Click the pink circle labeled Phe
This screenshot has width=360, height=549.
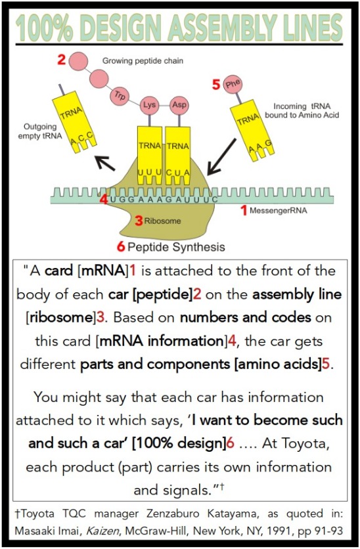(233, 84)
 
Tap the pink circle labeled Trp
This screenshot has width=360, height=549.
(120, 95)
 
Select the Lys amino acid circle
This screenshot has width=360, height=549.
(150, 104)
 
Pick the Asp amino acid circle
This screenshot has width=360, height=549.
(179, 104)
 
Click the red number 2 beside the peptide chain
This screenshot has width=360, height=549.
(62, 60)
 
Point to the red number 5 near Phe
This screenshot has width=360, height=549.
(216, 84)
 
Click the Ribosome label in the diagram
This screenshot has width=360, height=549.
(162, 221)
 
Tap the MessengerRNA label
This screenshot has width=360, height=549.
(279, 210)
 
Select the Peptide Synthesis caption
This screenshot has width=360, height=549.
(176, 247)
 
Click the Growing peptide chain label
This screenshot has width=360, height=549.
(143, 61)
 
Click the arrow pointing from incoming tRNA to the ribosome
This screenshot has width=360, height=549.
(221, 156)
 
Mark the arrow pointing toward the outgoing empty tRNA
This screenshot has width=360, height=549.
(105, 163)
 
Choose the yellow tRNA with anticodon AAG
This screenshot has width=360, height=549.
(252, 130)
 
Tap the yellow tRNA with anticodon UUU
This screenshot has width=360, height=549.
(150, 156)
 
